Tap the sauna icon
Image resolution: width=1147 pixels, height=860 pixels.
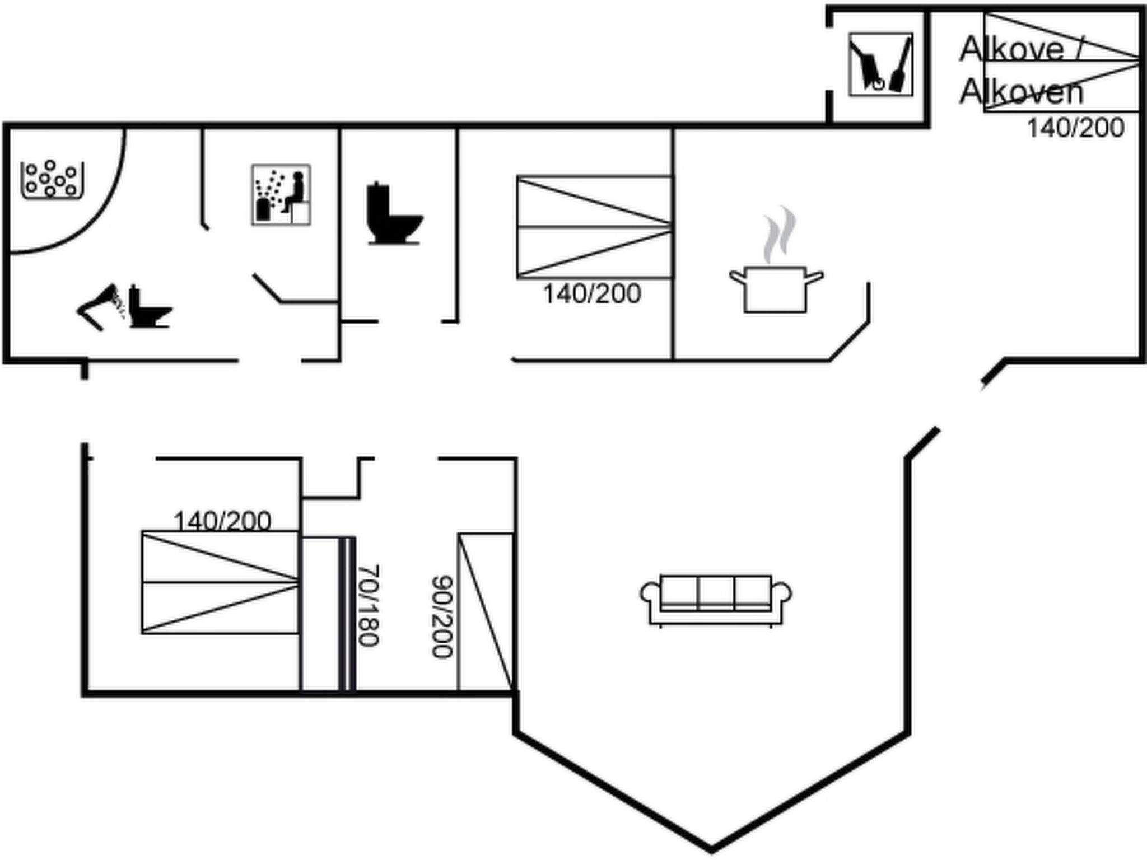pos(281,195)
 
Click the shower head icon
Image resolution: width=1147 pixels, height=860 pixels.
pos(101,307)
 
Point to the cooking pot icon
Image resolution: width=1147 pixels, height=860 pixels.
pos(776,290)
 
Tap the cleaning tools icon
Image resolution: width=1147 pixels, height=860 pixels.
pos(880,64)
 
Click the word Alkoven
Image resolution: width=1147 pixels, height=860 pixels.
pos(1021,92)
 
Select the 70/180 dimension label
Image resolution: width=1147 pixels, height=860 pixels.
pos(368,605)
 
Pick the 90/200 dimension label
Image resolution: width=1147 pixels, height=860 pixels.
pos(442,616)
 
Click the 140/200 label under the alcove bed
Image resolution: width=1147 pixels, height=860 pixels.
pos(1075,128)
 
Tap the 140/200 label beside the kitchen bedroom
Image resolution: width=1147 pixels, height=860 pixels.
pos(592,294)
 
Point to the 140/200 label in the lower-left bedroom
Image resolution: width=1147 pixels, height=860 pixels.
pos(222,521)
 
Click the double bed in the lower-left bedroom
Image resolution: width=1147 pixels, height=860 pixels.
pos(220,582)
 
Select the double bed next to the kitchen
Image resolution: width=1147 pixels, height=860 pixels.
pos(594,227)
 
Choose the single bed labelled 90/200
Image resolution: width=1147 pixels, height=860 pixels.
pos(485,611)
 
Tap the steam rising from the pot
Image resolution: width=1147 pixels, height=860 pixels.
pos(779,234)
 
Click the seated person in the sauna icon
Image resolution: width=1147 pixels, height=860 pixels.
pos(296,190)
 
